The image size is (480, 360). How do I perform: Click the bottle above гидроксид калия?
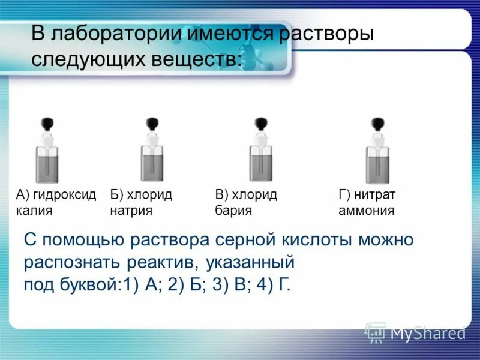47,157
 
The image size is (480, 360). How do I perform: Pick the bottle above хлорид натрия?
152,157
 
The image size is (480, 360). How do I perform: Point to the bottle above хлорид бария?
261,157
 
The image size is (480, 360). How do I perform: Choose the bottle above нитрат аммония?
377,157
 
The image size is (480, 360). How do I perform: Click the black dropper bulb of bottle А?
47,124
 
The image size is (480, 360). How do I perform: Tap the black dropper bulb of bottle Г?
377,124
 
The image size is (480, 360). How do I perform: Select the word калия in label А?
34,211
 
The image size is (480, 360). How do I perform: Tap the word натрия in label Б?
131,211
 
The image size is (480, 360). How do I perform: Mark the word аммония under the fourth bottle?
366,211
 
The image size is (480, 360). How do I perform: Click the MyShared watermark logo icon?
376,331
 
